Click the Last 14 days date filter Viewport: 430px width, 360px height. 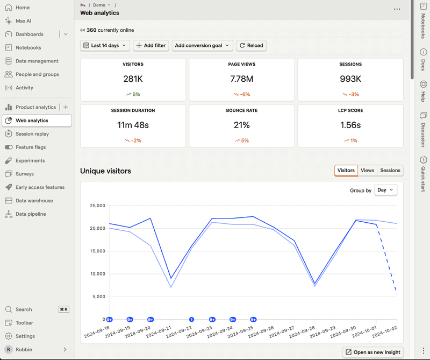pyautogui.click(x=105, y=46)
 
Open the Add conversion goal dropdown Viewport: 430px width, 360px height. pyautogui.click(x=202, y=46)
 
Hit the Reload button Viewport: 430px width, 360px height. pyautogui.click(x=251, y=46)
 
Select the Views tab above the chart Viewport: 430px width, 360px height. pyautogui.click(x=367, y=171)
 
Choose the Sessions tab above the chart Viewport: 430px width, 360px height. pyautogui.click(x=390, y=171)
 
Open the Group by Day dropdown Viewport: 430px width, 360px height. pyautogui.click(x=385, y=190)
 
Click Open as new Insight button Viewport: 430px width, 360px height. pyautogui.click(x=372, y=352)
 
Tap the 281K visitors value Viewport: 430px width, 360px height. pyautogui.click(x=133, y=79)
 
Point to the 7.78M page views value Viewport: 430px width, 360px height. pyautogui.click(x=241, y=79)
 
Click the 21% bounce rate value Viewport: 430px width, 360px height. pyautogui.click(x=241, y=125)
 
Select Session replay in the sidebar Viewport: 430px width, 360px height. pyautogui.click(x=32, y=134)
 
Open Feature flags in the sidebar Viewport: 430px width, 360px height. pyautogui.click(x=31, y=147)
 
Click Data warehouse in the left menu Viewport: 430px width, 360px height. pyautogui.click(x=34, y=201)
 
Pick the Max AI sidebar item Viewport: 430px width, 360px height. pyautogui.click(x=23, y=21)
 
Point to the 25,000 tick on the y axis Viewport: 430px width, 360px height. pyautogui.click(x=97, y=206)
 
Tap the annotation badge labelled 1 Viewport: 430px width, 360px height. pyautogui.click(x=192, y=320)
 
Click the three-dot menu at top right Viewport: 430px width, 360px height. pyautogui.click(x=397, y=9)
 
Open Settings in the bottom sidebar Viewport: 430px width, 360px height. pyautogui.click(x=25, y=336)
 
